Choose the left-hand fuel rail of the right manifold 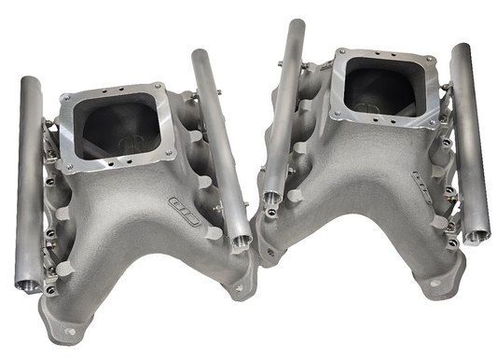pos(283,112)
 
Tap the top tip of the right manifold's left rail pos(297,23)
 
